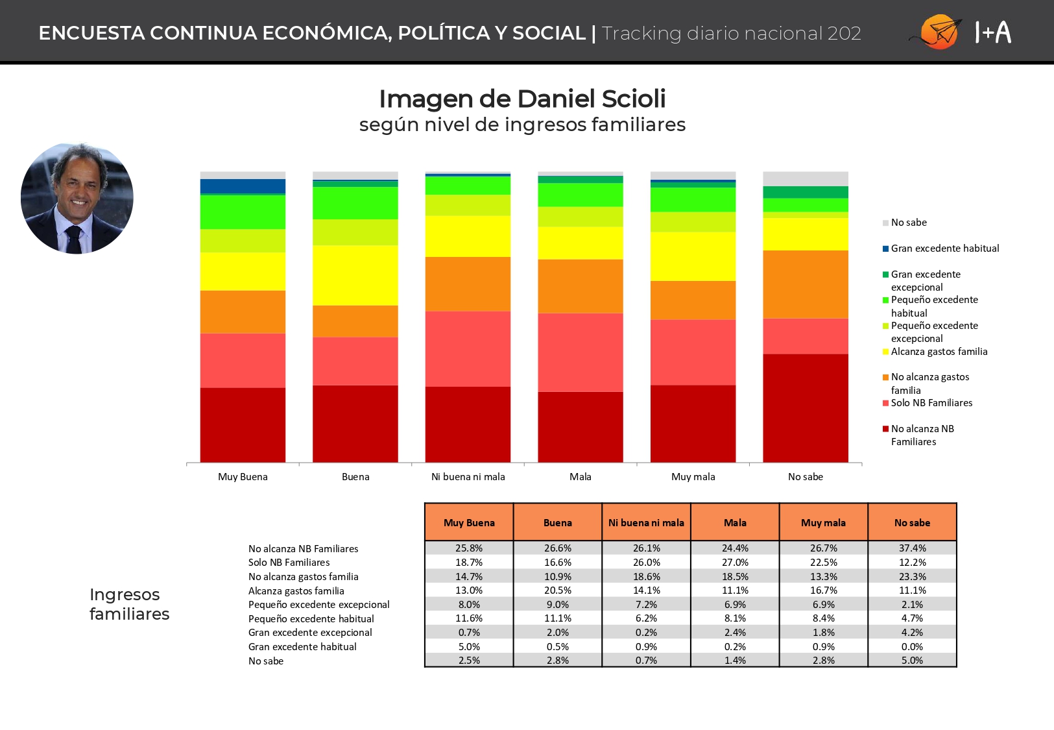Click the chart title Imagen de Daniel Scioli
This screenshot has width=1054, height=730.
pyautogui.click(x=522, y=99)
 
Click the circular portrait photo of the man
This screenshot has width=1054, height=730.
pyautogui.click(x=77, y=198)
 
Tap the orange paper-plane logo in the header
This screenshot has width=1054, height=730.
pyautogui.click(x=937, y=32)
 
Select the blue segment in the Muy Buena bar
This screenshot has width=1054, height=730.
pyautogui.click(x=243, y=186)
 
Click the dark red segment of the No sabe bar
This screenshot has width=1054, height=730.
pyautogui.click(x=806, y=408)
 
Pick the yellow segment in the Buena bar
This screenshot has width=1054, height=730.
pyautogui.click(x=355, y=275)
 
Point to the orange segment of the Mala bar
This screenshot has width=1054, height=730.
pyautogui.click(x=580, y=286)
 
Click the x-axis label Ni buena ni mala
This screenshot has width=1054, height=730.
pyautogui.click(x=468, y=477)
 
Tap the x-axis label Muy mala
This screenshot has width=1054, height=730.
pyautogui.click(x=693, y=477)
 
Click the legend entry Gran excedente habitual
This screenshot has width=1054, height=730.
pyautogui.click(x=945, y=249)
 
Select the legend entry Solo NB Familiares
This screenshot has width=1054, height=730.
pyautogui.click(x=931, y=403)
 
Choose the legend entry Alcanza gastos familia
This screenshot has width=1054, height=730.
pyautogui.click(x=939, y=352)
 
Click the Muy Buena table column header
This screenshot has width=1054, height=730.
pyautogui.click(x=469, y=522)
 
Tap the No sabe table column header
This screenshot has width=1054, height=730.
pyautogui.click(x=913, y=522)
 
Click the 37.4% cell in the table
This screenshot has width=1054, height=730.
pyautogui.click(x=913, y=548)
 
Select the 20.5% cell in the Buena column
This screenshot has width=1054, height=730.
pyautogui.click(x=558, y=590)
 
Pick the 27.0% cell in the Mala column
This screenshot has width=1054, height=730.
pyautogui.click(x=735, y=562)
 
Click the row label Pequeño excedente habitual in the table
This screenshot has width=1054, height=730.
pyautogui.click(x=311, y=618)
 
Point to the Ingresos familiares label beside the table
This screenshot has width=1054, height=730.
pyautogui.click(x=129, y=604)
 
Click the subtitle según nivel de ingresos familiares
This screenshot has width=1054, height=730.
pyautogui.click(x=522, y=125)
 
